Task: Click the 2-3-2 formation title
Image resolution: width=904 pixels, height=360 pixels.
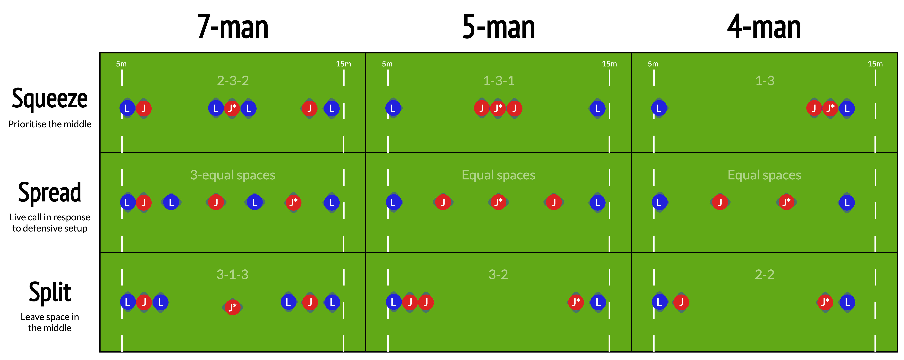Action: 233,81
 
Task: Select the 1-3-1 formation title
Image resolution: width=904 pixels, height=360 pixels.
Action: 499,81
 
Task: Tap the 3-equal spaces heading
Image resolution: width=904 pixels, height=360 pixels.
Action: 233,175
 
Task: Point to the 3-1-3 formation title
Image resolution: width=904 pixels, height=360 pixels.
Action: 232,274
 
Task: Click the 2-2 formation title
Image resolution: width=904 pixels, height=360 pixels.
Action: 764,274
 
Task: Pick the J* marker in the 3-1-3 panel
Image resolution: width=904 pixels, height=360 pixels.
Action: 232,307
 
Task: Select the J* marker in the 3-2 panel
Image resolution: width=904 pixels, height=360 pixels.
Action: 576,302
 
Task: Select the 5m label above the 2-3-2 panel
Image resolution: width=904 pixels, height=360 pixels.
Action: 121,64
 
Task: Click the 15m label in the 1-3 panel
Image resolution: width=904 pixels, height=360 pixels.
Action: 875,64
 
